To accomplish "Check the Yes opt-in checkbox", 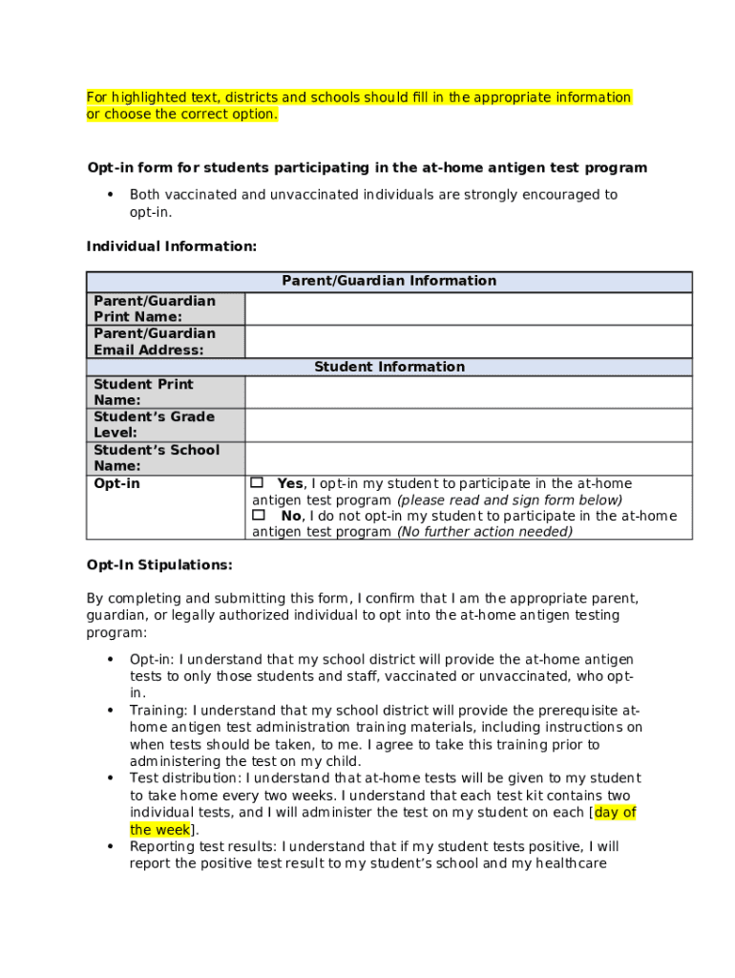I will [258, 483].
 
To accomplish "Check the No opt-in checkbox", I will [258, 515].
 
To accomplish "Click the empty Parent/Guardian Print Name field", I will [468, 308].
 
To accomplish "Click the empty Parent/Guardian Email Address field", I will [468, 342].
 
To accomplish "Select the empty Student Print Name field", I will [468, 393].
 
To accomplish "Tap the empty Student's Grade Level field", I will [468, 425].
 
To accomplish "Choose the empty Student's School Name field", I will [468, 458].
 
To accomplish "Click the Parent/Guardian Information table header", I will [388, 281].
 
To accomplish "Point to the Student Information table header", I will [388, 367].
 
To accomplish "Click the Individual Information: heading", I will [172, 246].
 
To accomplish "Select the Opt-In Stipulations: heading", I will [159, 564].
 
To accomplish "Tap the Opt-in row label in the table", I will [116, 484].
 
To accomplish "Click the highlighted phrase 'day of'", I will [616, 813].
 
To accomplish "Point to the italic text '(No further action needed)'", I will [484, 532].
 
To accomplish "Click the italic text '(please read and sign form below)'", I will [509, 500].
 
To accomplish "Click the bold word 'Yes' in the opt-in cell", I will [290, 484].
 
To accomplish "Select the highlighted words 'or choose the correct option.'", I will [182, 115].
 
